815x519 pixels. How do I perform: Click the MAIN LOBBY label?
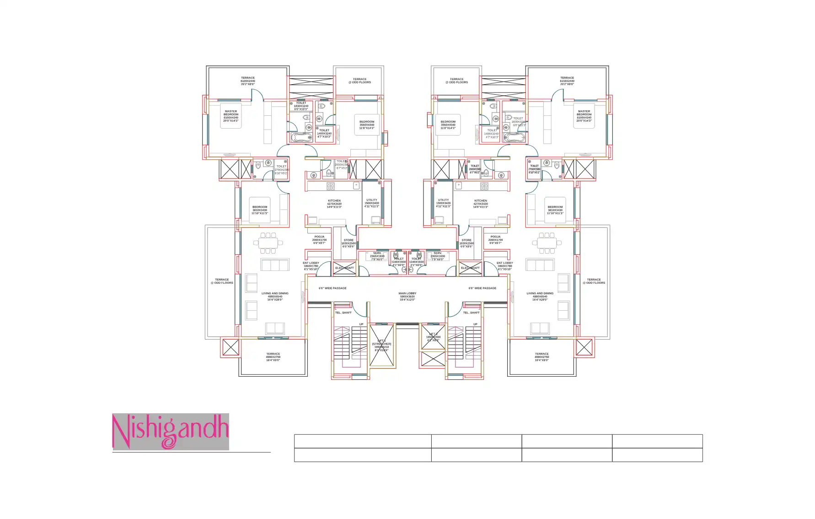407,297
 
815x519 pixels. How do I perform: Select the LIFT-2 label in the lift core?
433,337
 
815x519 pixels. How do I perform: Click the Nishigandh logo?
170,432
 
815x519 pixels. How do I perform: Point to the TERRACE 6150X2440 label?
567,81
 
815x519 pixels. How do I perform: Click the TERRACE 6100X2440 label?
248,81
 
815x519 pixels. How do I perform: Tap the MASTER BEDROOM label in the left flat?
231,116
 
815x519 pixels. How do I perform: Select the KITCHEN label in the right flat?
481,204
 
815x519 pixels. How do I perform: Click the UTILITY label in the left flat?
372,203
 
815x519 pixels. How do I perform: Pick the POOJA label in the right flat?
495,240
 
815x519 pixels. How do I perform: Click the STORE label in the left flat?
349,243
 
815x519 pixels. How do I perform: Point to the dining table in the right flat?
547,243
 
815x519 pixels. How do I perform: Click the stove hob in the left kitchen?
330,186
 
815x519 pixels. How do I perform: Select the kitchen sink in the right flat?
459,185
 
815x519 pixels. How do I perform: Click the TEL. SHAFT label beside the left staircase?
343,313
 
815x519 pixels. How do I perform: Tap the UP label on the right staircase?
475,324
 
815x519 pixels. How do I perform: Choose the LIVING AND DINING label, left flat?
275,297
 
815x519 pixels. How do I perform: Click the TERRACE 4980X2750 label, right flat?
542,357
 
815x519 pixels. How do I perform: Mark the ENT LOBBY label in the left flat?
311,266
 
